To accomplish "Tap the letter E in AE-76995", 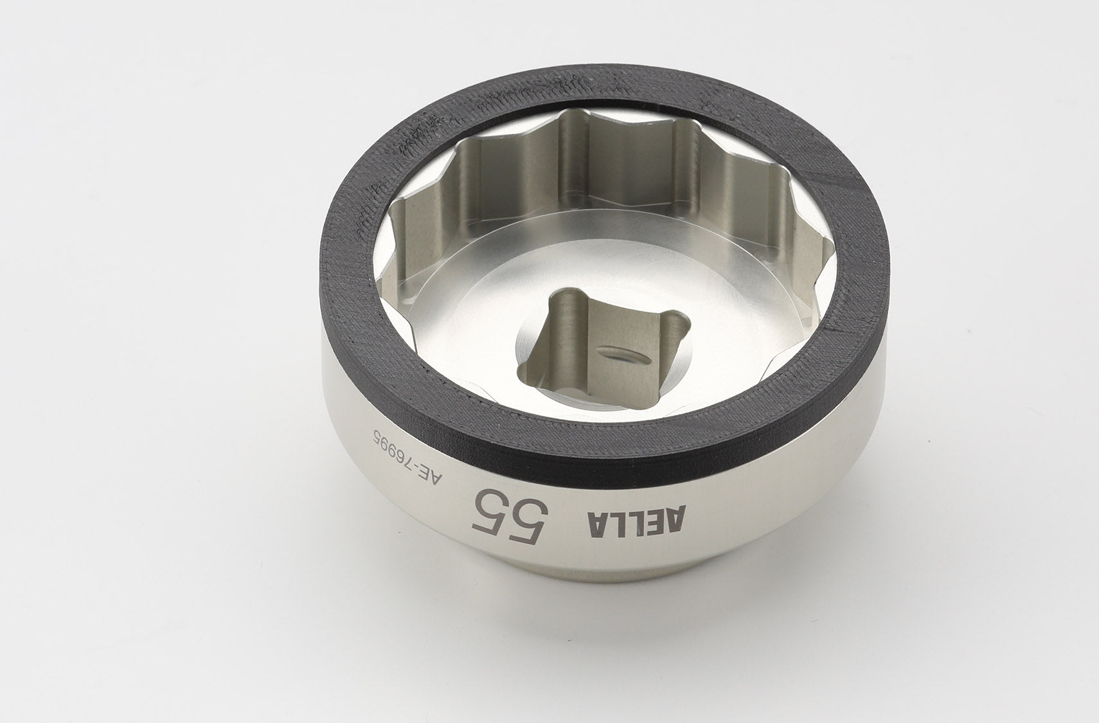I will [x=424, y=472].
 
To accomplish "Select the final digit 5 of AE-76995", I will [x=378, y=435].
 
